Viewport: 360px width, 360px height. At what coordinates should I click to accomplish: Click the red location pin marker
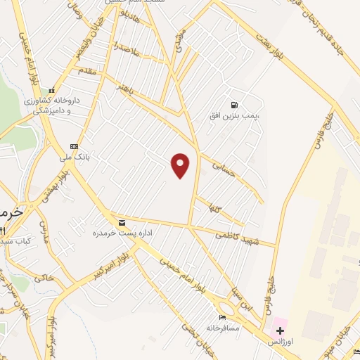181,165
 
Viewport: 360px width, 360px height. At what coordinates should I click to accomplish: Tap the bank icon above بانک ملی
74,146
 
